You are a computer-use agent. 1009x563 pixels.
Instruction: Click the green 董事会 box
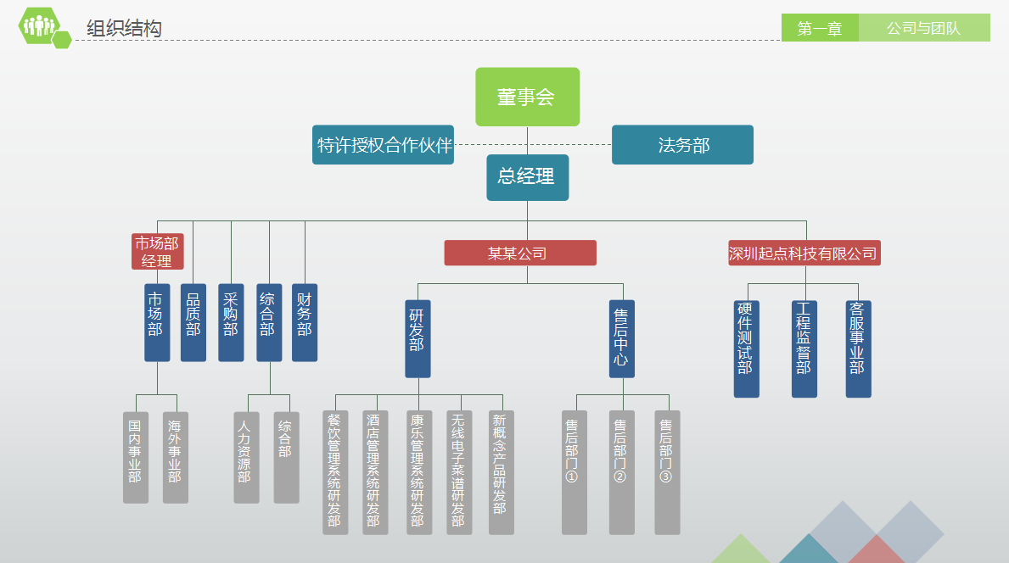pos(527,97)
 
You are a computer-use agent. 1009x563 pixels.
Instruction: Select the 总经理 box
pos(527,177)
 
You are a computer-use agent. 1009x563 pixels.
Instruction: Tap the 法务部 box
pos(682,145)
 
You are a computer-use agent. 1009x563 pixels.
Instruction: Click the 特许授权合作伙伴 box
pos(383,145)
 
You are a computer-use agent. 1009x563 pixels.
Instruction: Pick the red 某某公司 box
pos(519,253)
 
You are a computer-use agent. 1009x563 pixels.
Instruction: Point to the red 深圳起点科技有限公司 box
pos(804,253)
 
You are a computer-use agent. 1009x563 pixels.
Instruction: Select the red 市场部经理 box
pos(157,252)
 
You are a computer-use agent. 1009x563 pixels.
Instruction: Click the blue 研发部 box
pos(418,338)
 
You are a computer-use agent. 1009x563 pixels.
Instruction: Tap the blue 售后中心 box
pos(621,338)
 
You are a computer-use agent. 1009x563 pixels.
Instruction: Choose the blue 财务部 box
pos(305,322)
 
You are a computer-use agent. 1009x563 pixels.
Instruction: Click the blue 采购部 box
pos(231,322)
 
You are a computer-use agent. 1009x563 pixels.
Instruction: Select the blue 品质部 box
pos(193,322)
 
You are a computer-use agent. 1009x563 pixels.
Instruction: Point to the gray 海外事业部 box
pos(175,457)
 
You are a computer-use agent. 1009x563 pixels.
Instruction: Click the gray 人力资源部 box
pos(246,457)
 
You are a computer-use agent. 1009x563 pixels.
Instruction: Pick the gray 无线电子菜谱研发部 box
pos(459,472)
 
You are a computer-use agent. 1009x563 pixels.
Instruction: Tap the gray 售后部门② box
pos(621,472)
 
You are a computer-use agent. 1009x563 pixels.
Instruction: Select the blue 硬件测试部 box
pos(746,348)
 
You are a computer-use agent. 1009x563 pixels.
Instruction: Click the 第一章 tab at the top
pos(820,28)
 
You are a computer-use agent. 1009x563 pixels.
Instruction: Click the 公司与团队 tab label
pos(923,28)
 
